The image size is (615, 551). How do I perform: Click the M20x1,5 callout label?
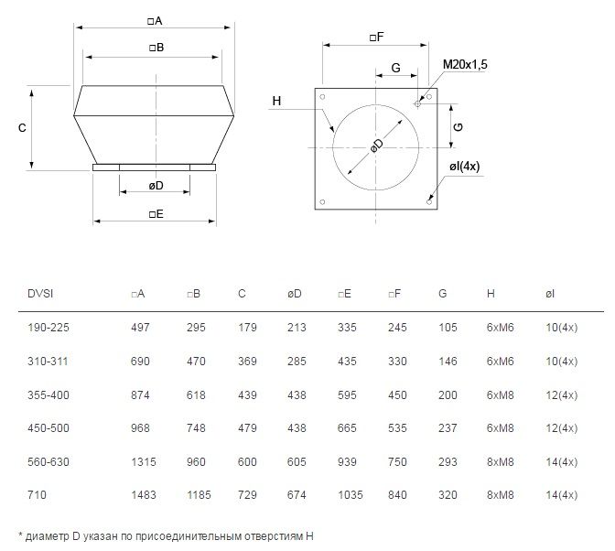[x=465, y=64]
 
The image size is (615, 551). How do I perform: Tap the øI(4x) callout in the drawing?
[x=464, y=167]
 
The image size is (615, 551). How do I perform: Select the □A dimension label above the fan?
[x=155, y=21]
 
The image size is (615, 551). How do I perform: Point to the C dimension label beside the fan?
[x=22, y=128]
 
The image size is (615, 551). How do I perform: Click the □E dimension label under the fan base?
[x=156, y=214]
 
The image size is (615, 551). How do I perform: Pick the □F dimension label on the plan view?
[x=376, y=38]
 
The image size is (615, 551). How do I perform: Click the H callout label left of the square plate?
[x=276, y=101]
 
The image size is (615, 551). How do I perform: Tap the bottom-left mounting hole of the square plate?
[x=322, y=202]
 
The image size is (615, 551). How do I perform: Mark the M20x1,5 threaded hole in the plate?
[x=417, y=104]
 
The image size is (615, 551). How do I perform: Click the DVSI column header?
[x=40, y=294]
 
